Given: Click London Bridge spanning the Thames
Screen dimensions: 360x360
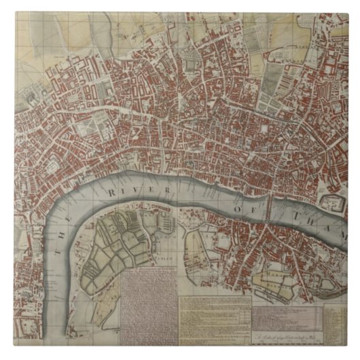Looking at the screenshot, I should click(269, 204).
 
